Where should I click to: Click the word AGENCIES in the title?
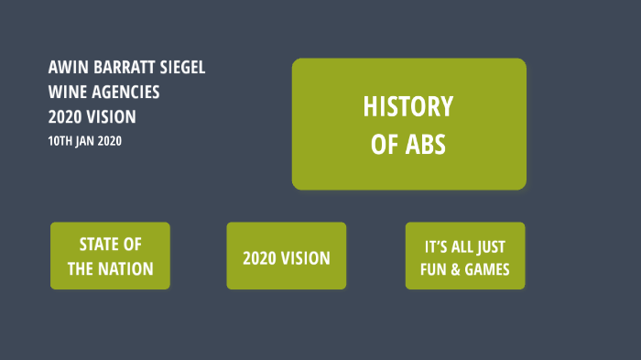124,93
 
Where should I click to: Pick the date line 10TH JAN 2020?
85,141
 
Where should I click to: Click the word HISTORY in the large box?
408,107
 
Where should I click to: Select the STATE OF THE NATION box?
110,256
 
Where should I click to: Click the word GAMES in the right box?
486,270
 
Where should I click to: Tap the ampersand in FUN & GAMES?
456,270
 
